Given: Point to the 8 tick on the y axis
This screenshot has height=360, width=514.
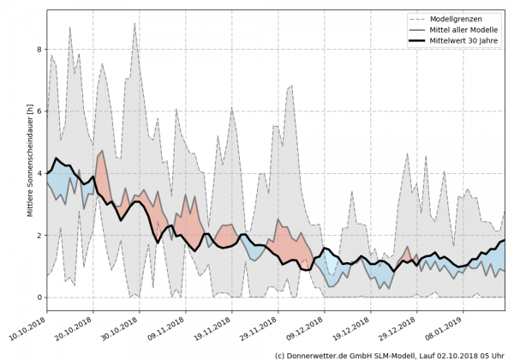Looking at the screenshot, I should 37,49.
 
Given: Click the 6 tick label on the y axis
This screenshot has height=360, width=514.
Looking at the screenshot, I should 37,111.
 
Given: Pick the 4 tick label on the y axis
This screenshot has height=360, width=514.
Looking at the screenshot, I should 37,173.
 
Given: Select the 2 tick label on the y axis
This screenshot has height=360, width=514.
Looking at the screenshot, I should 37,235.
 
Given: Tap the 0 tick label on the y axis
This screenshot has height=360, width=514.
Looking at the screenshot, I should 37,297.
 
